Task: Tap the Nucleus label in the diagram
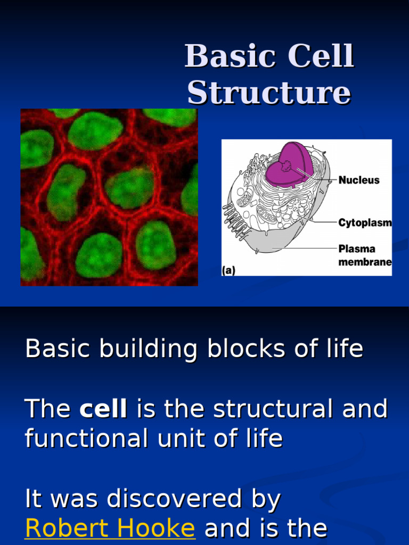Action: click(x=359, y=180)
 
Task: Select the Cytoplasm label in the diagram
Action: click(x=365, y=223)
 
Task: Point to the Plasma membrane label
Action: click(x=365, y=255)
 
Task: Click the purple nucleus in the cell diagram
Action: click(x=288, y=165)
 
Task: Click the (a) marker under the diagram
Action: click(x=229, y=270)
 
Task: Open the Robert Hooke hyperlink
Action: click(x=110, y=528)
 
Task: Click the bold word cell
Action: click(x=103, y=409)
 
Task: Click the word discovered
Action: click(x=193, y=499)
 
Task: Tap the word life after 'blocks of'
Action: click(x=343, y=349)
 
